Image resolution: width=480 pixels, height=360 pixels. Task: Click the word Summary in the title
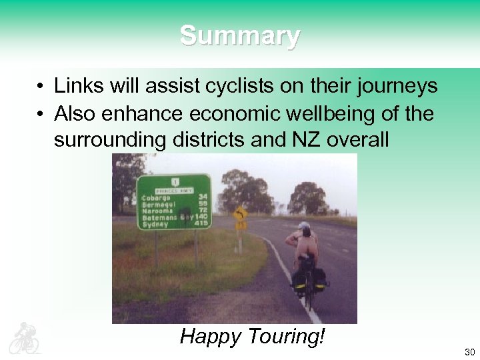pos(240,35)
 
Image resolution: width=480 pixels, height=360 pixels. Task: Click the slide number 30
pos(469,352)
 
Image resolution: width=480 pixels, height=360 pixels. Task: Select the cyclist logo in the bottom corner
pos(24,338)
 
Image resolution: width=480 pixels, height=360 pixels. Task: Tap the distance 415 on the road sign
pos(202,223)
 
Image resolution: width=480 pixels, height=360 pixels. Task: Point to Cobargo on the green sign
pos(156,197)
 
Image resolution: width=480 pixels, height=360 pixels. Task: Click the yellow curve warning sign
pos(241,214)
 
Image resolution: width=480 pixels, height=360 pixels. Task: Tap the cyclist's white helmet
pos(304,225)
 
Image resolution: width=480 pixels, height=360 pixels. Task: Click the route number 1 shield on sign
pos(175,181)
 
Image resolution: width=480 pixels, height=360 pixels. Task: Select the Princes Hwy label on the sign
pos(175,190)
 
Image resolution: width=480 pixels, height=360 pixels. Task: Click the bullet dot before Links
pos(41,87)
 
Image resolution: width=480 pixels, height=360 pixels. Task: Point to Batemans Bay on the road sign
pos(167,217)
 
